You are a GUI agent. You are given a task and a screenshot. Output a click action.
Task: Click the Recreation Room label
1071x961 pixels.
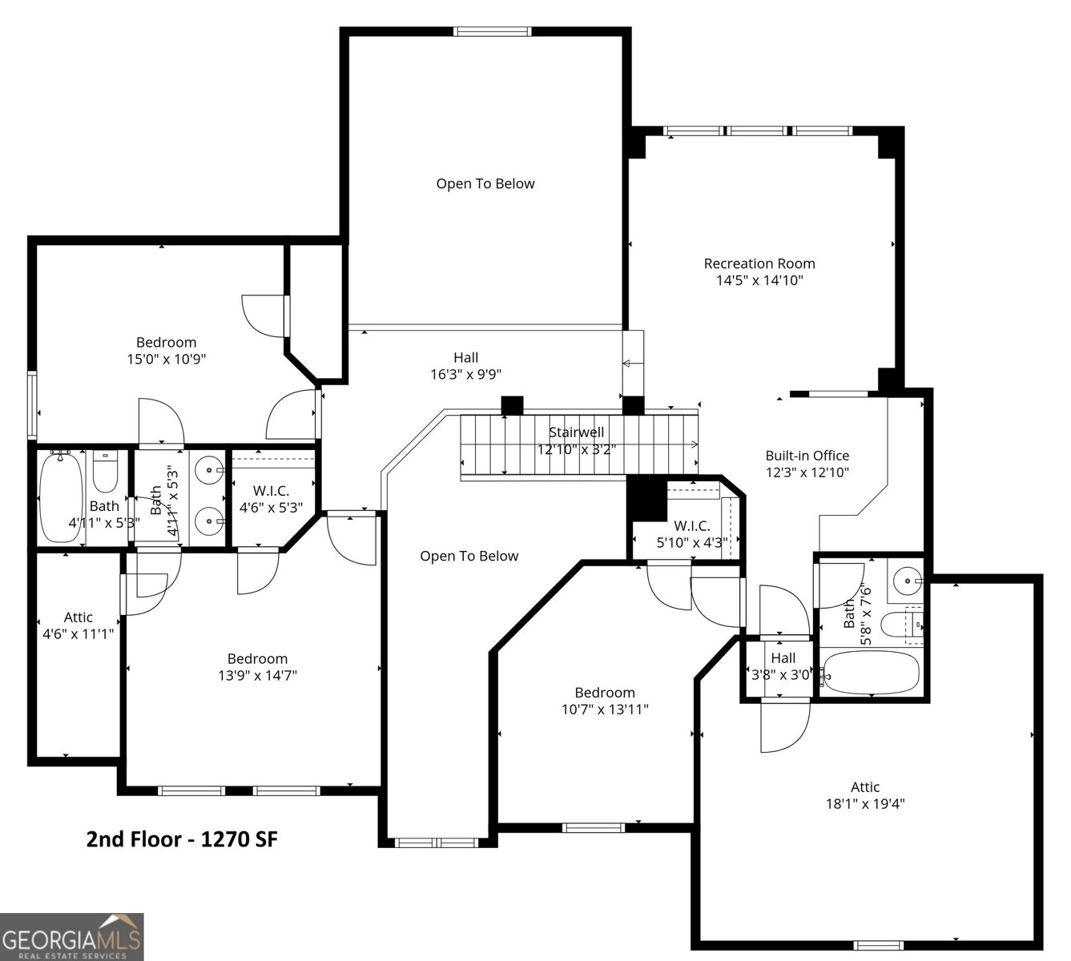click(x=759, y=263)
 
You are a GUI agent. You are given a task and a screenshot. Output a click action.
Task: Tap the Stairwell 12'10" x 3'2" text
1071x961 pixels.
click(x=576, y=441)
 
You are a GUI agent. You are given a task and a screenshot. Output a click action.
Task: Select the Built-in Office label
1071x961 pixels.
click(x=807, y=456)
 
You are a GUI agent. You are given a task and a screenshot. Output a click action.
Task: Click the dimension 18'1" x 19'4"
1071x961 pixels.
click(x=865, y=804)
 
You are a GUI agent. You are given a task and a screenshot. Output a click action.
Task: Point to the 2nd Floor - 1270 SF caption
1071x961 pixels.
click(x=182, y=839)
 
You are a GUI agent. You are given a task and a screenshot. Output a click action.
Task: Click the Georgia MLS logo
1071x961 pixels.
click(x=72, y=936)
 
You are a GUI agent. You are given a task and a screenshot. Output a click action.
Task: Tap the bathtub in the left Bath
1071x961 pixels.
click(x=60, y=497)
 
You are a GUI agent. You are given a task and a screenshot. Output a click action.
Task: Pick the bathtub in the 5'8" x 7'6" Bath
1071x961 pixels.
click(x=871, y=671)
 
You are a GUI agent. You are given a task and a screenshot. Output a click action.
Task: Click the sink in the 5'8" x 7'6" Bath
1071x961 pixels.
click(x=907, y=576)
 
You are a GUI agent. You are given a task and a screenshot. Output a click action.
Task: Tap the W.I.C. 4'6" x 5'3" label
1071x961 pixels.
click(x=271, y=499)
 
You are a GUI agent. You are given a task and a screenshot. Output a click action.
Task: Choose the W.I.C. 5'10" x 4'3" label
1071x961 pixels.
click(x=691, y=534)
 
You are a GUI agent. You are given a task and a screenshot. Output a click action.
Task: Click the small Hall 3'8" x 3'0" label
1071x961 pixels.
click(x=783, y=666)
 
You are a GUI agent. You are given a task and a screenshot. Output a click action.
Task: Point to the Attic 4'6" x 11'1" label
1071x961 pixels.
click(x=78, y=625)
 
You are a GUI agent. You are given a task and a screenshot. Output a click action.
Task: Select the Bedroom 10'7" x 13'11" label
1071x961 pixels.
click(x=605, y=701)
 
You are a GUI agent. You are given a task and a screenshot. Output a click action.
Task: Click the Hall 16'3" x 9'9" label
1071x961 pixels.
click(x=465, y=366)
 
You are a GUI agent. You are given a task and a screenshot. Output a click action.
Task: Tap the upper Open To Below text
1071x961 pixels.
click(x=485, y=183)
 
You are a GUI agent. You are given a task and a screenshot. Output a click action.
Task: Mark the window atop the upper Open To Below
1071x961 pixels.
click(x=492, y=32)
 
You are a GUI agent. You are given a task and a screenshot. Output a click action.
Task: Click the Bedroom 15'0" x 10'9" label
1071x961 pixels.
click(x=166, y=351)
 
